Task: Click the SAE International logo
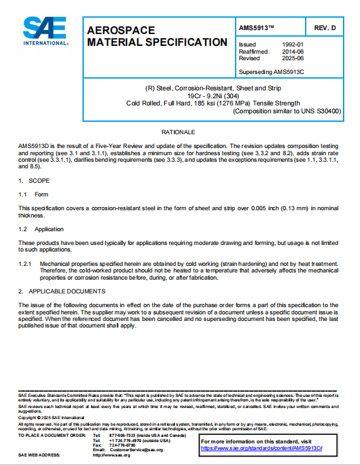(45, 30)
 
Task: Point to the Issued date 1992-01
(309, 45)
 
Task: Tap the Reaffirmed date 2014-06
(309, 51)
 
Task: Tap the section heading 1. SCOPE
(38, 179)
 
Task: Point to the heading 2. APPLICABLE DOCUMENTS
(62, 291)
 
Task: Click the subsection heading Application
(50, 229)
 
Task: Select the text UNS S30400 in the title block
(321, 111)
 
